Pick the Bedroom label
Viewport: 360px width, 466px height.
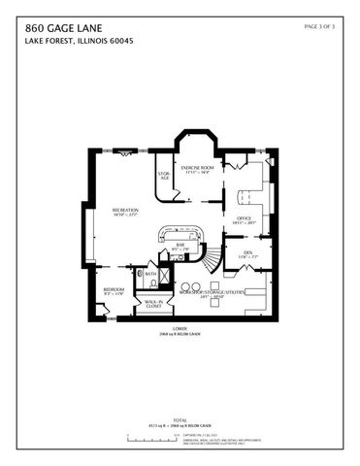click(115, 290)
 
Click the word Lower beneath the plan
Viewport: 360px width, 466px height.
click(180, 327)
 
